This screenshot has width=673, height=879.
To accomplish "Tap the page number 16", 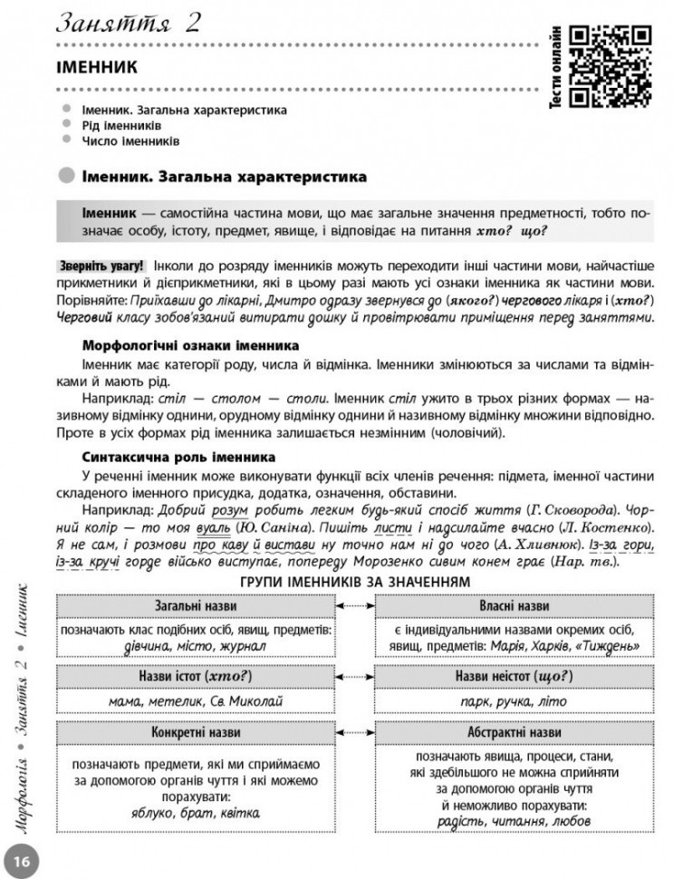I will tap(23, 857).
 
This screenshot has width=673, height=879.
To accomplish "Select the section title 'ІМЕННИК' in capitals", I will tap(96, 68).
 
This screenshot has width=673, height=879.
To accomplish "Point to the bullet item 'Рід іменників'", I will tap(121, 125).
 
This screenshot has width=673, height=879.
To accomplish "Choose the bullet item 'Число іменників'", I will tap(130, 141).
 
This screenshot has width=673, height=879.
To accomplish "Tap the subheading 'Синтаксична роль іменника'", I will tap(178, 457).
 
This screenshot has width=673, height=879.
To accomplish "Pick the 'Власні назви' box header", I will tap(512, 604).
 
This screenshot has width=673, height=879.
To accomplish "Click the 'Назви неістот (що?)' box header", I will tap(512, 676).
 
